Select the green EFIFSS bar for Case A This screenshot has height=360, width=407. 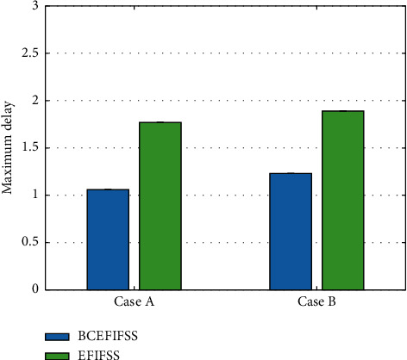(160, 206)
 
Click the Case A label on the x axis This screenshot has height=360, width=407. (135, 304)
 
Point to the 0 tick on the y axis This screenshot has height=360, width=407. (35, 289)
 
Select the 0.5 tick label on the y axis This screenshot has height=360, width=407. (32, 242)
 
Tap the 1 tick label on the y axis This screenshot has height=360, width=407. (35, 195)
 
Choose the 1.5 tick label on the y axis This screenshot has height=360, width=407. (32, 147)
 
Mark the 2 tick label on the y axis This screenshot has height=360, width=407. (35, 100)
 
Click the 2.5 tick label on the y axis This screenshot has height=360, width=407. (32, 53)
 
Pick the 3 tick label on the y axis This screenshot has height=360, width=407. (35, 6)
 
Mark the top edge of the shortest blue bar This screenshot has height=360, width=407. (108, 189)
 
